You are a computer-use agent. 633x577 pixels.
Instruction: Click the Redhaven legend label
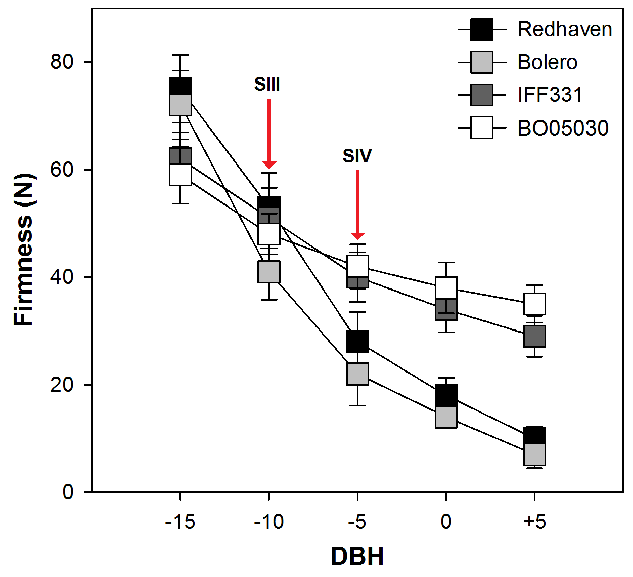pyautogui.click(x=565, y=30)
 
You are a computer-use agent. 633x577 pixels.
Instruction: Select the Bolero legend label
pyautogui.click(x=548, y=62)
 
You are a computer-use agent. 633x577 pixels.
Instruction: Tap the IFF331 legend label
pyautogui.click(x=550, y=95)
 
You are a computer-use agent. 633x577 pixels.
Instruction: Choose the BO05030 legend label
pyautogui.click(x=563, y=128)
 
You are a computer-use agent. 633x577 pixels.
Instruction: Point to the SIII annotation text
pyautogui.click(x=267, y=85)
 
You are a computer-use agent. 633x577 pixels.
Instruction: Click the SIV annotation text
pyautogui.click(x=357, y=156)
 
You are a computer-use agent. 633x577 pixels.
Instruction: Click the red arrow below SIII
pyautogui.click(x=269, y=134)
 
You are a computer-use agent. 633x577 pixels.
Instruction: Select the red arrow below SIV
pyautogui.click(x=357, y=205)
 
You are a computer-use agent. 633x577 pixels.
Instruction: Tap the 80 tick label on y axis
pyautogui.click(x=62, y=62)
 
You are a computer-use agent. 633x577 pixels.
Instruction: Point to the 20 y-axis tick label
pyautogui.click(x=62, y=385)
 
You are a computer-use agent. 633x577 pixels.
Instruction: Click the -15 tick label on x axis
pyautogui.click(x=180, y=522)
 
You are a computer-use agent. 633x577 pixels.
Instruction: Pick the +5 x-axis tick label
pyautogui.click(x=534, y=522)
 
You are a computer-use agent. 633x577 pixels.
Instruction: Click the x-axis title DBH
pyautogui.click(x=357, y=556)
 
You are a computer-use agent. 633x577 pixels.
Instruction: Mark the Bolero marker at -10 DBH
pyautogui.click(x=269, y=271)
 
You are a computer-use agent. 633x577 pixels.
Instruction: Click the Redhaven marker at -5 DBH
pyautogui.click(x=357, y=342)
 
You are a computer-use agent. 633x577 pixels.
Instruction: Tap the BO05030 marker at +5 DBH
pyautogui.click(x=534, y=304)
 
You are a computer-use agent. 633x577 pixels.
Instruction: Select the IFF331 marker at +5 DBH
pyautogui.click(x=534, y=336)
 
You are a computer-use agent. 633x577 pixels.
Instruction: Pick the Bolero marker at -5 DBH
pyautogui.click(x=357, y=374)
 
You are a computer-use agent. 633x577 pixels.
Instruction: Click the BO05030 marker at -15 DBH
pyautogui.click(x=180, y=175)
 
